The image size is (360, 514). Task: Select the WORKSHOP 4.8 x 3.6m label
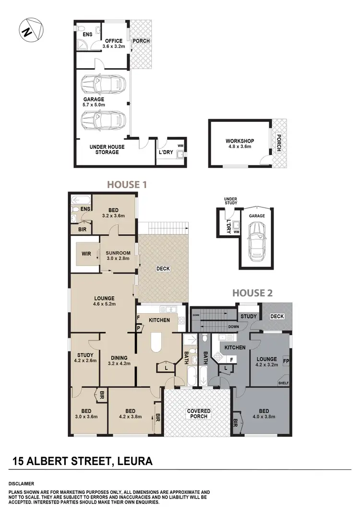[240, 144]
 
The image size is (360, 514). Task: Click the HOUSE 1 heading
[126, 184]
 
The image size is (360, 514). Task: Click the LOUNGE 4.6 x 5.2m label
[104, 301]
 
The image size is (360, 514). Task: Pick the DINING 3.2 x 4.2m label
[118, 360]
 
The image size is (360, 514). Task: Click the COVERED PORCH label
[199, 413]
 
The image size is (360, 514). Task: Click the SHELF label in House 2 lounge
[283, 383]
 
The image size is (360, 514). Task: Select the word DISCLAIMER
[21, 483]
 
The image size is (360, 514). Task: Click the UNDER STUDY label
[230, 200]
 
